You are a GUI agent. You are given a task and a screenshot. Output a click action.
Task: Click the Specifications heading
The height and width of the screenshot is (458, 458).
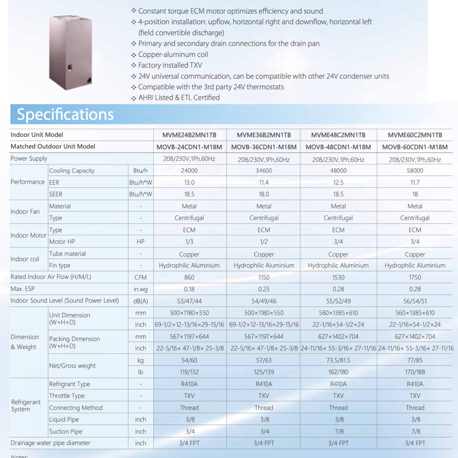tap(65, 114)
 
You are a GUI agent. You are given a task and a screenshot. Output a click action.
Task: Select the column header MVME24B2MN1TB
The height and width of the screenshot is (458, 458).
tap(189, 135)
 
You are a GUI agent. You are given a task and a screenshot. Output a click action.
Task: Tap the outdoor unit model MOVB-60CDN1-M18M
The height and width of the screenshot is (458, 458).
tap(414, 147)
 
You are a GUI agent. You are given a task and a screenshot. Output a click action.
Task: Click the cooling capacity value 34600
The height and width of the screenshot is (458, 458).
tap(264, 170)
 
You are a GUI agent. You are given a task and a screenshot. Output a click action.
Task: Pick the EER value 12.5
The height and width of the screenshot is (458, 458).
tap(338, 182)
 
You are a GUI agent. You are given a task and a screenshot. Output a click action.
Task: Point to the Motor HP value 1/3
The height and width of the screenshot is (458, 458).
tap(189, 242)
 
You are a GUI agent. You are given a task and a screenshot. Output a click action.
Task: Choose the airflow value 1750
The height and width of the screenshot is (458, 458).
tap(414, 277)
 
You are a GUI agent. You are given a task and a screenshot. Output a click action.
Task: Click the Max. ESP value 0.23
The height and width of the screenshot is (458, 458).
tap(264, 289)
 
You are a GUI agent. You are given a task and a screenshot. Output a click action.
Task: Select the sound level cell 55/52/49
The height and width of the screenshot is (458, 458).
tap(338, 301)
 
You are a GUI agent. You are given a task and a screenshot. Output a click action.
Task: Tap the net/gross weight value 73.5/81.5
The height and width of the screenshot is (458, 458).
tap(338, 360)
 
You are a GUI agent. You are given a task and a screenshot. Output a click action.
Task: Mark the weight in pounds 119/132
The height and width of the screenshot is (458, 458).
tap(189, 372)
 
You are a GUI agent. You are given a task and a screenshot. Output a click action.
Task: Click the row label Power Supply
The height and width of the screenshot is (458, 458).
tap(29, 158)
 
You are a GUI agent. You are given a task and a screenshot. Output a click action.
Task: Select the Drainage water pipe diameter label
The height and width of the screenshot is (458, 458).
tap(50, 443)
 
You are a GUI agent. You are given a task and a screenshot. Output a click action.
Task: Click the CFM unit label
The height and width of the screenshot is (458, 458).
tap(141, 277)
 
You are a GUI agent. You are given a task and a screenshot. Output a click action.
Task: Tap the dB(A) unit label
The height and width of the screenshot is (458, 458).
tap(141, 301)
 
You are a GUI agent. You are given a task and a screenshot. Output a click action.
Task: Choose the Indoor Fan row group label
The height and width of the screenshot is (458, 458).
tap(25, 212)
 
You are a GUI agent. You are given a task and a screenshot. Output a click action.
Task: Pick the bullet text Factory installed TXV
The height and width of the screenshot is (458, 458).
tap(170, 65)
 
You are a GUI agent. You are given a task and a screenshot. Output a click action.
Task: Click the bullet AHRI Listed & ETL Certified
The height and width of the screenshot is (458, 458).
tap(179, 98)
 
